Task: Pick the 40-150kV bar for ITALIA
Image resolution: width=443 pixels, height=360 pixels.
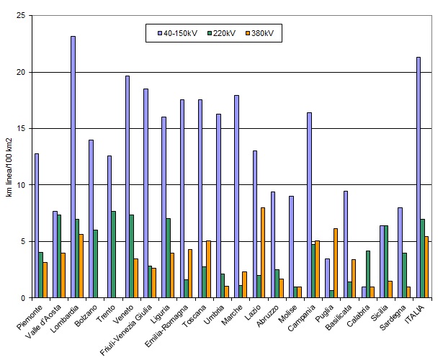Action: point(419,177)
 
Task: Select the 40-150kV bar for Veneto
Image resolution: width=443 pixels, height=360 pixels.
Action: point(127,186)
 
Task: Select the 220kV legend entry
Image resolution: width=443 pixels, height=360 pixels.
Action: point(223,33)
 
